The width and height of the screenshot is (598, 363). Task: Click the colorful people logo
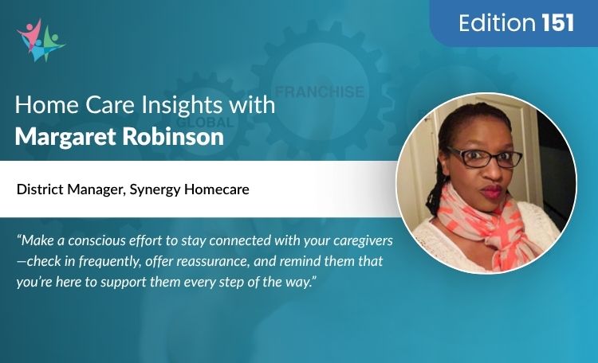40,40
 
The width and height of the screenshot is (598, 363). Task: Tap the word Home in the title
41,105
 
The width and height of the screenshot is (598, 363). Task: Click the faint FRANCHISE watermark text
318,92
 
